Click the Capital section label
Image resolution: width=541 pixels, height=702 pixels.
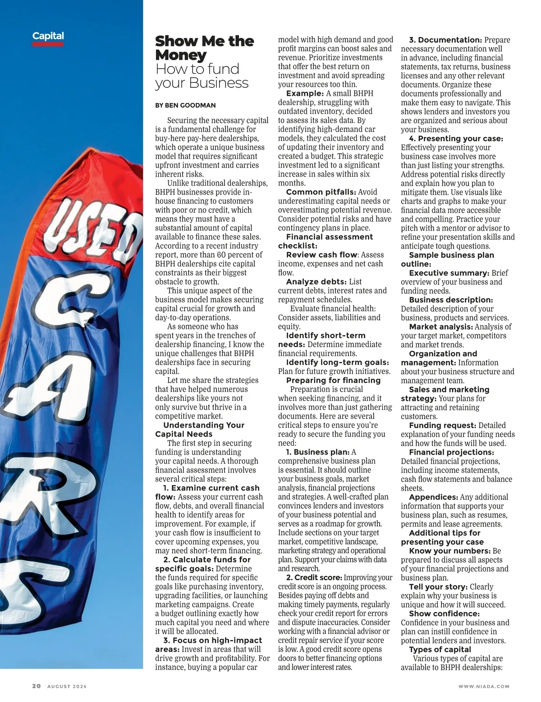tap(48, 36)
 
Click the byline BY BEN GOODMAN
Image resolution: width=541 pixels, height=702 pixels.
tap(185, 105)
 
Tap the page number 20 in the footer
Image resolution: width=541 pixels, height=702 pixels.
tap(36, 686)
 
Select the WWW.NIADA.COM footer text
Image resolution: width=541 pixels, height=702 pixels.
tap(484, 687)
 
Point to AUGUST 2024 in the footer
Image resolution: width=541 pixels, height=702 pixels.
tap(67, 687)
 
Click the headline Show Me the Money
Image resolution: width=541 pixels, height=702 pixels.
tap(204, 48)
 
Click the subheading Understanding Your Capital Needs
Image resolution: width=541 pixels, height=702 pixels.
tap(199, 429)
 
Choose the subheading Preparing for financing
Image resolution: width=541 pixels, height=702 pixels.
tap(333, 380)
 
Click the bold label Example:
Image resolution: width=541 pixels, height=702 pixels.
tap(305, 93)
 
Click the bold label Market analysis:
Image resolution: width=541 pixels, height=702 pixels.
tap(441, 327)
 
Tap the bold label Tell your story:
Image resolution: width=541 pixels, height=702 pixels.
tap(438, 587)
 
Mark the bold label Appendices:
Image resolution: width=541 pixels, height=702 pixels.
tap(433, 497)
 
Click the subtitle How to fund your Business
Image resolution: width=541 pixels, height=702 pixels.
tap(202, 76)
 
